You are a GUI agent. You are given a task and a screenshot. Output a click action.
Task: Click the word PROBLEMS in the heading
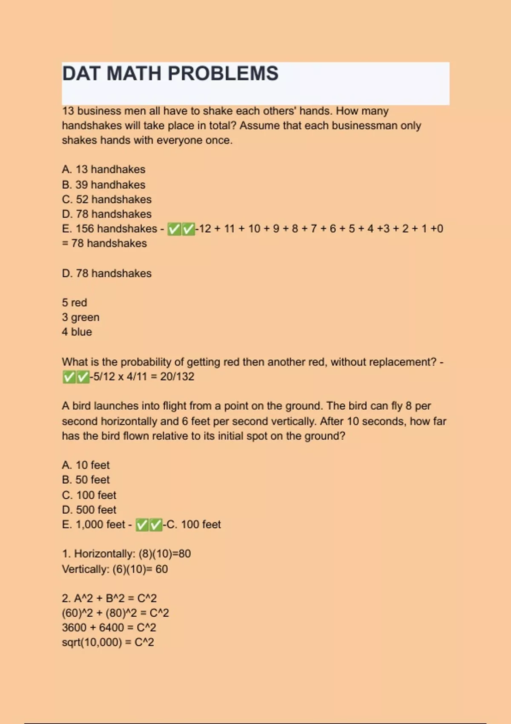(x=223, y=74)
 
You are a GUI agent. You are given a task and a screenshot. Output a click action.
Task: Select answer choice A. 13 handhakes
(x=103, y=170)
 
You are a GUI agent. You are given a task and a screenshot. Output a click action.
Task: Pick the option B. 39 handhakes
(x=103, y=185)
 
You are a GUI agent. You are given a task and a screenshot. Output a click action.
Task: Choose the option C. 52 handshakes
(x=106, y=199)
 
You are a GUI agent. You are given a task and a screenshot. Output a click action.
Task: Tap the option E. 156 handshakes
(x=109, y=229)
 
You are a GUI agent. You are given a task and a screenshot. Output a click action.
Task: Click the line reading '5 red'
(x=75, y=303)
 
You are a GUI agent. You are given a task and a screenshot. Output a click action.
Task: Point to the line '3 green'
(x=80, y=317)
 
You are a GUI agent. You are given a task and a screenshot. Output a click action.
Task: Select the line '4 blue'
(x=77, y=332)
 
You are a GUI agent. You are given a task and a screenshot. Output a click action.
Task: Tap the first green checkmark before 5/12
(x=69, y=377)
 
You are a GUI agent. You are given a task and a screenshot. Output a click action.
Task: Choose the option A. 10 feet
(x=86, y=465)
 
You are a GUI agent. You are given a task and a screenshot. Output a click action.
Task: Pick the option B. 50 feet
(x=86, y=480)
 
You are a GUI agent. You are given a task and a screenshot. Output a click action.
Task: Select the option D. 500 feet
(x=89, y=510)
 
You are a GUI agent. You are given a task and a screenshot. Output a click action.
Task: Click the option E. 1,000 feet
(x=94, y=525)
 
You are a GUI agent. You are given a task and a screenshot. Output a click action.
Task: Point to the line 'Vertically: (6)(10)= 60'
(x=115, y=569)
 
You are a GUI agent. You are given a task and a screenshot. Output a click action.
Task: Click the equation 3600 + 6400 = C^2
(x=109, y=628)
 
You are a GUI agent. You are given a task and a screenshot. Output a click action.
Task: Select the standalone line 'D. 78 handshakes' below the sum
(x=106, y=273)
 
